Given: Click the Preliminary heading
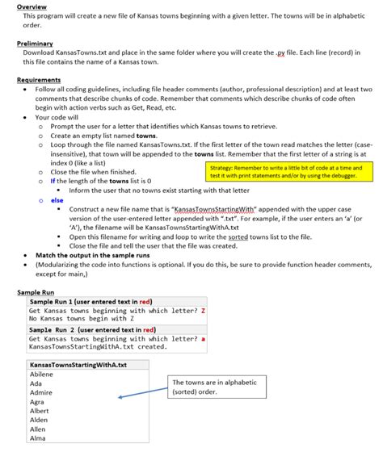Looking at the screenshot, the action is pyautogui.click(x=35, y=43).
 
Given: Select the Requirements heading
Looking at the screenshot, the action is pyautogui.click(x=39, y=80).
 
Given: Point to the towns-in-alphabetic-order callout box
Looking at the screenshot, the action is pyautogui.click(x=209, y=387).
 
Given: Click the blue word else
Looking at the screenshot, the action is pyautogui.click(x=57, y=199).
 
